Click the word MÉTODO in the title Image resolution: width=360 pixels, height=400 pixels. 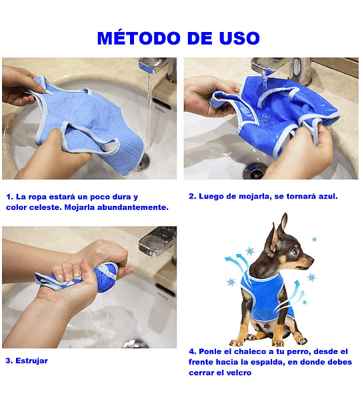[x=139, y=38]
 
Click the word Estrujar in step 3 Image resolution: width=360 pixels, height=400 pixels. [x=31, y=361]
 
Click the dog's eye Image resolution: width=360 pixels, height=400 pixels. [x=295, y=252]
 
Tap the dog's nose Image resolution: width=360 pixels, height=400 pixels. [x=311, y=260]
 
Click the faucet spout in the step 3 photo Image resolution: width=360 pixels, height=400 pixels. [x=157, y=241]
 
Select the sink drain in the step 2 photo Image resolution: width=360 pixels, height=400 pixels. [x=255, y=171]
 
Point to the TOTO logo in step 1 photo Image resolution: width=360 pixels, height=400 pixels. [x=159, y=110]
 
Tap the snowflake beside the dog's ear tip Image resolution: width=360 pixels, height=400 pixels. [x=314, y=239]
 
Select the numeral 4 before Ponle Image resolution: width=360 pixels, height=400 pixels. [x=191, y=351]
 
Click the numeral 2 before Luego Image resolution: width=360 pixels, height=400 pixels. [x=191, y=196]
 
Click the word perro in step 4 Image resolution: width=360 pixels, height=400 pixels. [x=298, y=351]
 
